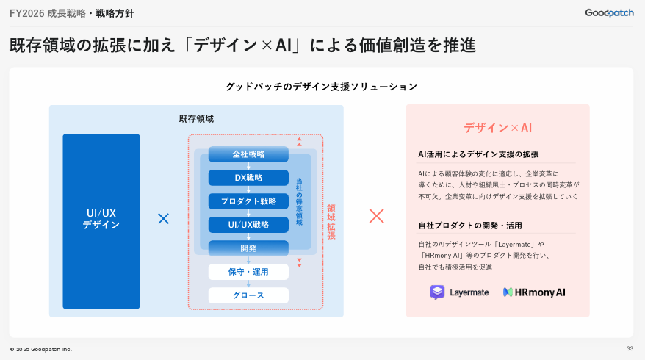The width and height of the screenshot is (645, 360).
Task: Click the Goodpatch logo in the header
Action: coord(609,12)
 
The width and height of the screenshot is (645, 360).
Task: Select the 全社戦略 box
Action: coord(248,154)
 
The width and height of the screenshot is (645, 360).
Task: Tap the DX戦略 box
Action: coord(248,178)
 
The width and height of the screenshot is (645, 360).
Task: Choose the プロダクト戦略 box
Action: coord(248,201)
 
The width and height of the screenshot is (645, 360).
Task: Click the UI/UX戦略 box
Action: coord(248,225)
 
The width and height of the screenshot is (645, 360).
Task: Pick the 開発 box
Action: coord(248,248)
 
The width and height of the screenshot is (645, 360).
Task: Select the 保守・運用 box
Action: coord(248,272)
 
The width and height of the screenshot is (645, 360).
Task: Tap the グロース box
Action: coord(248,295)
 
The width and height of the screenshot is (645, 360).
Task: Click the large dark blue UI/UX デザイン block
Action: coord(101,220)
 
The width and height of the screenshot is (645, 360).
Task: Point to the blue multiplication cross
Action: coord(164,218)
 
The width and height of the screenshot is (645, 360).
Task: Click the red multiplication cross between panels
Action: coord(376,216)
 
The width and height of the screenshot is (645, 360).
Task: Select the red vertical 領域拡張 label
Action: coord(331,222)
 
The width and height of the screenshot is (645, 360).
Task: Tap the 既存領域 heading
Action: coord(196,118)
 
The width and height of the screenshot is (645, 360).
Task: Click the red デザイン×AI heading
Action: coord(497,127)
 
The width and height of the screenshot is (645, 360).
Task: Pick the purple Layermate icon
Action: coord(437,292)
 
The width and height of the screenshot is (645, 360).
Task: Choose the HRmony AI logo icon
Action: coord(508,292)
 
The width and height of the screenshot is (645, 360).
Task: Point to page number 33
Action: coord(630,348)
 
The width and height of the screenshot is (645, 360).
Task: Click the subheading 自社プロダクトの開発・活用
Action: coord(470,226)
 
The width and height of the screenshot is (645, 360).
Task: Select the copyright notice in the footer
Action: coord(41,349)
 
